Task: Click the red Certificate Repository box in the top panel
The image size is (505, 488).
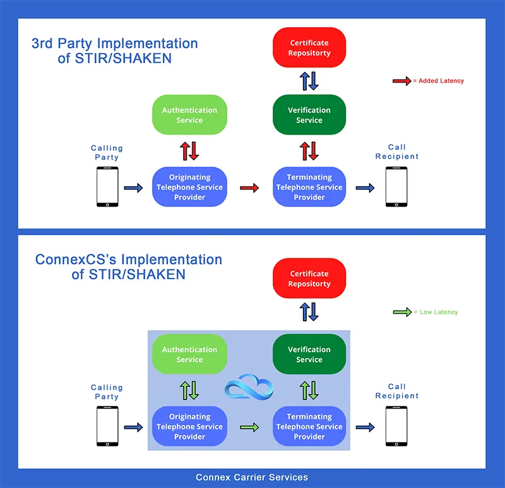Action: [x=309, y=48]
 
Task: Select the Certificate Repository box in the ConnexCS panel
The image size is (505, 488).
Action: [x=309, y=278]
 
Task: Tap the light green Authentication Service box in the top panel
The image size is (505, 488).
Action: [x=189, y=115]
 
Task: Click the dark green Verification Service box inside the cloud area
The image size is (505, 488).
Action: [x=309, y=354]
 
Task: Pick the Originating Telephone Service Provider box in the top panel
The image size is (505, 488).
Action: [x=189, y=187]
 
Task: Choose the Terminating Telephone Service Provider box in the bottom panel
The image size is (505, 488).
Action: [x=309, y=426]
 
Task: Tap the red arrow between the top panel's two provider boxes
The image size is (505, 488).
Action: [x=249, y=187]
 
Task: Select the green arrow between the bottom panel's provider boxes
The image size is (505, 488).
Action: [x=249, y=427]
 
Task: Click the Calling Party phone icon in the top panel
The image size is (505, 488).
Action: [x=107, y=187]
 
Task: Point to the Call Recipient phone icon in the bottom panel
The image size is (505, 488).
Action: [x=396, y=426]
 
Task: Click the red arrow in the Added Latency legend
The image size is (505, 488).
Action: [x=401, y=81]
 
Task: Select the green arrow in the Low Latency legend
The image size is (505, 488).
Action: [x=401, y=312]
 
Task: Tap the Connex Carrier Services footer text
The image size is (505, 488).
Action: [x=252, y=477]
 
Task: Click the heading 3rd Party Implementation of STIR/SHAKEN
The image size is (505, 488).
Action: [x=114, y=51]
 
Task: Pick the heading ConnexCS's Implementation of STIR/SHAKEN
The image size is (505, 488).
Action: [x=128, y=266]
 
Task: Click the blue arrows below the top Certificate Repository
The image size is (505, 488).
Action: [x=309, y=81]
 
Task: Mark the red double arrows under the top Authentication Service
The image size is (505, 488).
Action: [x=189, y=151]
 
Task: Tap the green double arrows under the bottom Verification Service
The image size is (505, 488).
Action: [x=309, y=390]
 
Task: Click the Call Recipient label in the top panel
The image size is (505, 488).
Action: [x=396, y=152]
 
